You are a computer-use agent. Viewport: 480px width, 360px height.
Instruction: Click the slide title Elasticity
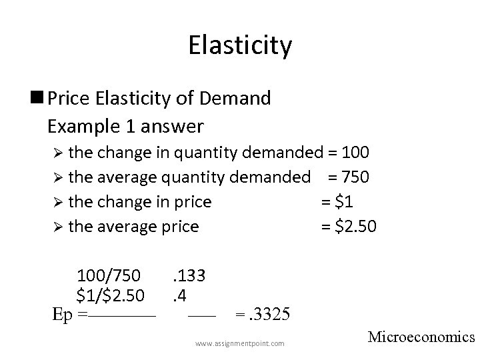[240, 46]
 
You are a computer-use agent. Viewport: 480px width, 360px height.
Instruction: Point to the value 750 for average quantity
[355, 177]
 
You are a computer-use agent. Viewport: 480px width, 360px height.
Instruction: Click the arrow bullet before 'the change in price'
[57, 202]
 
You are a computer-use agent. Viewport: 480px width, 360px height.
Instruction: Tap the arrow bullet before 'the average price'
[57, 227]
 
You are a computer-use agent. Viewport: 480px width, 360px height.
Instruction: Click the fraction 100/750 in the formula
[109, 275]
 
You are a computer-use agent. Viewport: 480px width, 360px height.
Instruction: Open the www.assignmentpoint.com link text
[239, 343]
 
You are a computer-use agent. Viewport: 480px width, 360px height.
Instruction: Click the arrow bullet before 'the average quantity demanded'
[57, 177]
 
